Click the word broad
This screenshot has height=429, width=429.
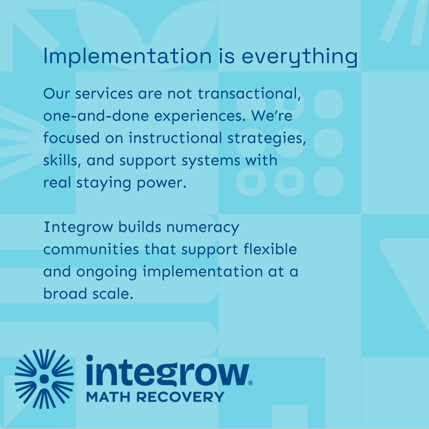[64, 294]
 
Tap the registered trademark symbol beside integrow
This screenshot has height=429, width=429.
[250, 383]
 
